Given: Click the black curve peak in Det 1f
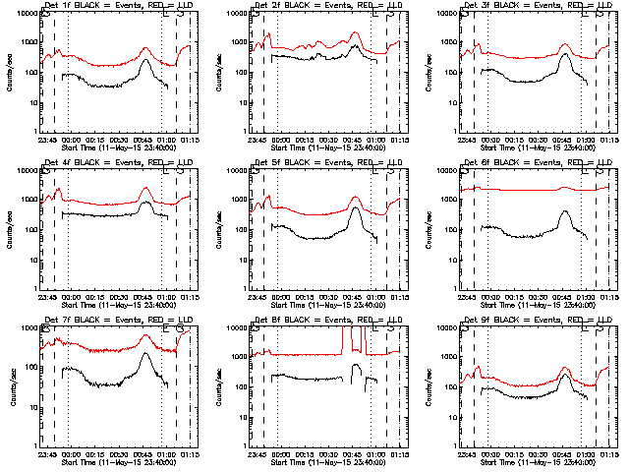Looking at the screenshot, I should tap(145, 61).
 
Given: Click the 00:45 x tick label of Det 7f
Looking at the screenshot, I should tap(143, 454).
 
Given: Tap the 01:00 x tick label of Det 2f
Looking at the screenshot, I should tap(376, 140).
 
